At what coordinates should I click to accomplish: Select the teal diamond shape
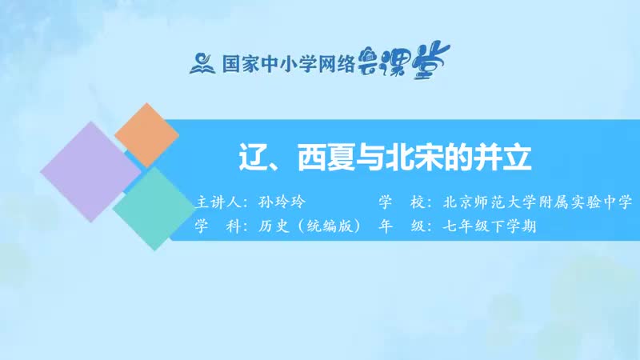pos(152,206)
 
